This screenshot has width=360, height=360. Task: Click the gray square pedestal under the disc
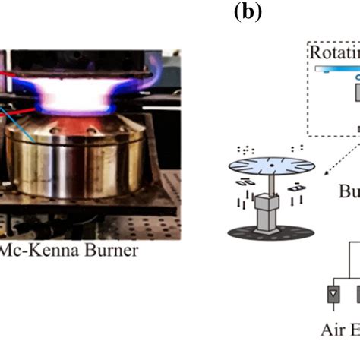(x=265, y=221)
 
